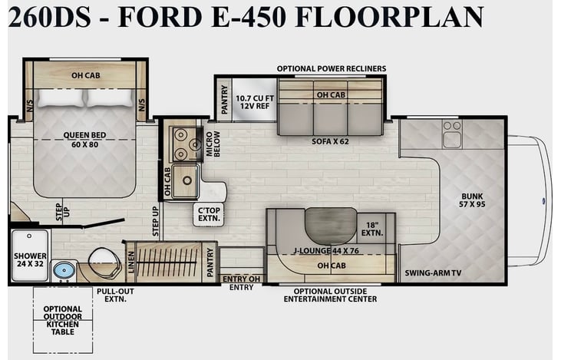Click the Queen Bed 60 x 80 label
(84, 140)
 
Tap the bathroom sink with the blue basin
(64, 270)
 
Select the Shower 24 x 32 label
(30, 259)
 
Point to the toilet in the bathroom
(103, 263)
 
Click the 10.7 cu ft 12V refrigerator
(254, 100)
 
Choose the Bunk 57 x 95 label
(472, 200)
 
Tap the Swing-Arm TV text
(433, 273)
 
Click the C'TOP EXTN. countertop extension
(209, 214)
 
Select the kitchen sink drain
(186, 180)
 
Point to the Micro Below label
(213, 144)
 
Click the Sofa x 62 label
(330, 141)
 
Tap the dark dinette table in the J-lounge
(331, 226)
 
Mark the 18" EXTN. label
(372, 229)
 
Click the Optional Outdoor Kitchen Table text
(63, 320)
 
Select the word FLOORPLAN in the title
(390, 17)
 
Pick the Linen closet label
(131, 262)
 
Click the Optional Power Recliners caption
(332, 68)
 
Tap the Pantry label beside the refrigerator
(224, 100)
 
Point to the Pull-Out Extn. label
(115, 296)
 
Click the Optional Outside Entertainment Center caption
(330, 296)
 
